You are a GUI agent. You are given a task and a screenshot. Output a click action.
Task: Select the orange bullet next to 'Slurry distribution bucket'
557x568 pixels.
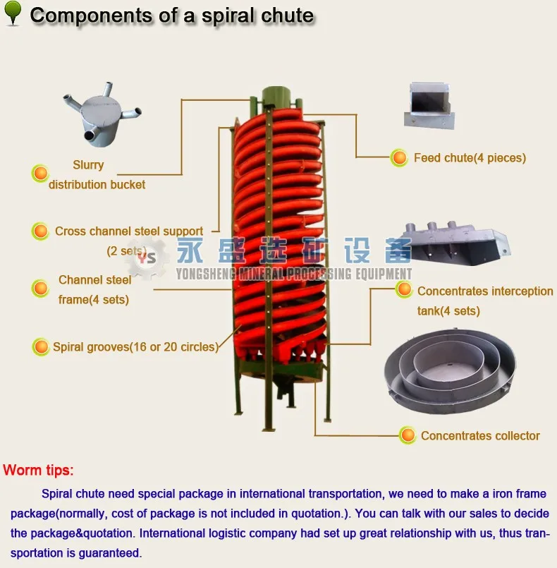pyautogui.click(x=40, y=174)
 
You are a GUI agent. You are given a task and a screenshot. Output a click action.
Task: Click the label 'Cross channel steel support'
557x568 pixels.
pyautogui.click(x=129, y=231)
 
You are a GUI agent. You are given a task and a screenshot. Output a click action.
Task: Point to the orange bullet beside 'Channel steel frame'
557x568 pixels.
pyautogui.click(x=40, y=289)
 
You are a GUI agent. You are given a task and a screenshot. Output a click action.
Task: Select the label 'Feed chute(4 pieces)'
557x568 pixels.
pyautogui.click(x=470, y=158)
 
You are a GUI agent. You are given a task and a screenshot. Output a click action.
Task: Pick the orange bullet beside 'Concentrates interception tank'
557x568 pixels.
pyautogui.click(x=404, y=289)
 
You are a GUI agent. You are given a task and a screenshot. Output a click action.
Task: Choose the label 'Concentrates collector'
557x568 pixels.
pyautogui.click(x=480, y=436)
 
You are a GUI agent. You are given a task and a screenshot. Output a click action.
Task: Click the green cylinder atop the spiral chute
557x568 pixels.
pyautogui.click(x=278, y=98)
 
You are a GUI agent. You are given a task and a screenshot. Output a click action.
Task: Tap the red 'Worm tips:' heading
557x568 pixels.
pyautogui.click(x=38, y=470)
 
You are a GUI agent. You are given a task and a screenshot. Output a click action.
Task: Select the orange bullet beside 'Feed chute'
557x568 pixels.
pyautogui.click(x=400, y=158)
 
